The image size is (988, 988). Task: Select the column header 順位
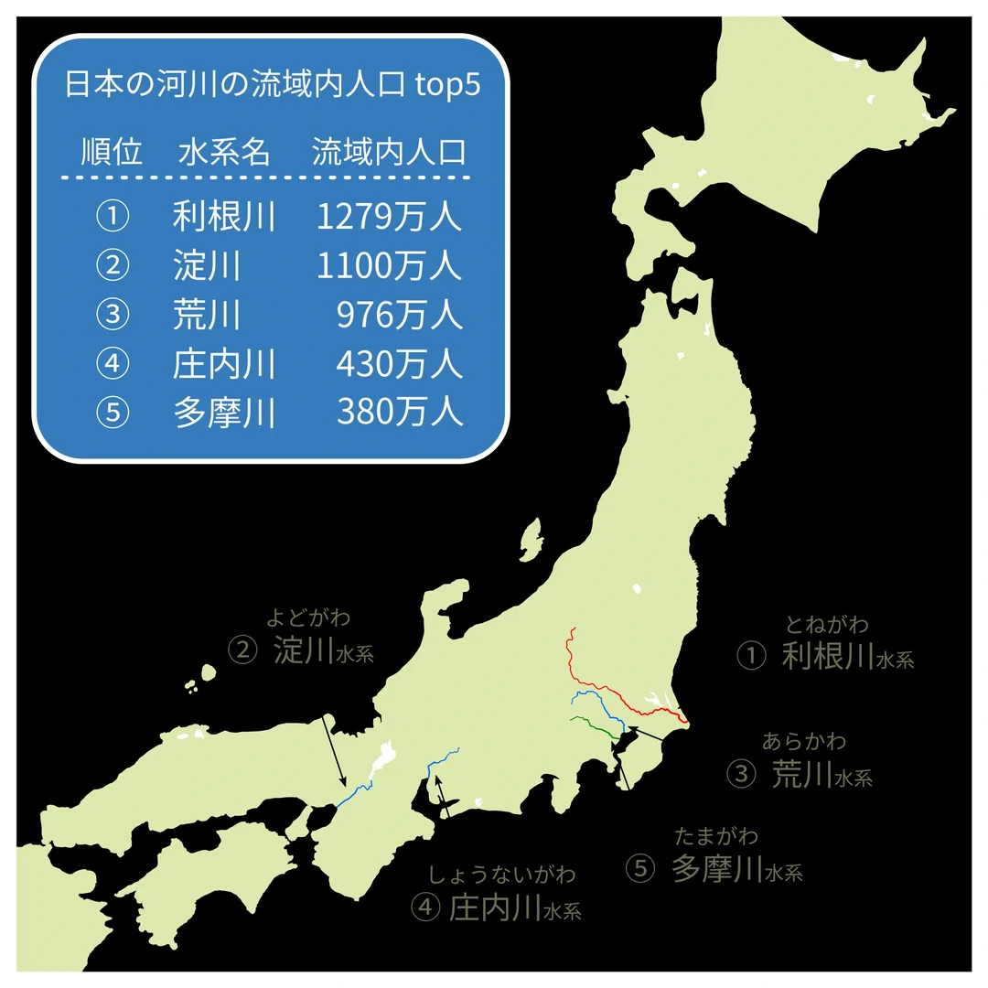(112, 152)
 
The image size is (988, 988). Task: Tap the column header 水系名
(224, 152)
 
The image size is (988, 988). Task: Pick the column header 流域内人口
(389, 152)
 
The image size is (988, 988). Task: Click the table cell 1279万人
(390, 217)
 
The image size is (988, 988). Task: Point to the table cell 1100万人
(390, 266)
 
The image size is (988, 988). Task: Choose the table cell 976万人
(400, 316)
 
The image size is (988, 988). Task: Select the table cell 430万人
(400, 365)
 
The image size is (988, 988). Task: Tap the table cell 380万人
(400, 413)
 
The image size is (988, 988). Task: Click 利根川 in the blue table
(224, 217)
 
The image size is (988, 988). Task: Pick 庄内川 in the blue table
(224, 365)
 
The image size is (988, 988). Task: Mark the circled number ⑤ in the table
(112, 413)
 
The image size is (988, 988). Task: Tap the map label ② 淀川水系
(302, 652)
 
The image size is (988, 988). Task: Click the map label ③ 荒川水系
(800, 775)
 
